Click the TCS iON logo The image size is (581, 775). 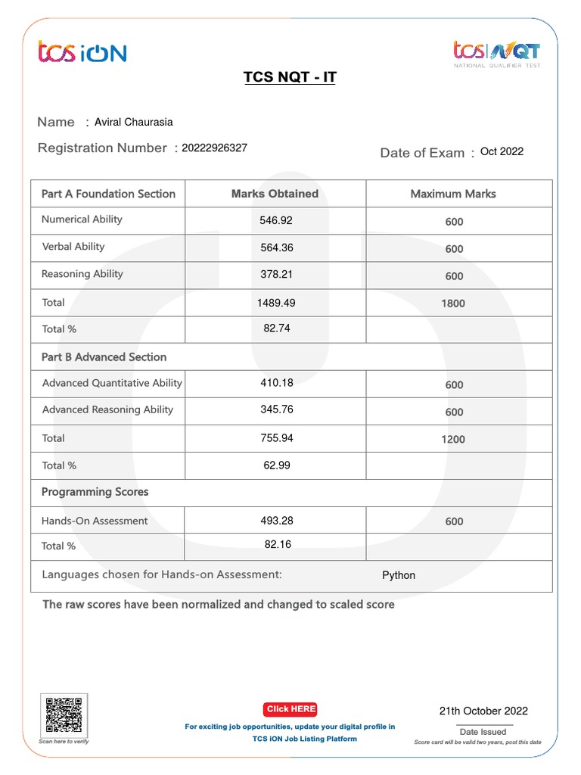click(x=82, y=52)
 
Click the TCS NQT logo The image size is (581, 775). click(x=496, y=53)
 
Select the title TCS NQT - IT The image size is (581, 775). click(x=290, y=78)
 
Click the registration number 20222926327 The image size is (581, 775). click(x=214, y=148)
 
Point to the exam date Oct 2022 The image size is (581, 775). click(x=502, y=151)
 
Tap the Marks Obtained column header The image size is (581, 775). click(x=275, y=194)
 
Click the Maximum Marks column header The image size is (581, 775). click(x=453, y=194)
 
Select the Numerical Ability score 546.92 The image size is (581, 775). click(x=276, y=220)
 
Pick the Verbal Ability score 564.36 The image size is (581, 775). click(x=276, y=247)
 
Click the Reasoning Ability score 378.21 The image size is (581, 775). click(x=276, y=274)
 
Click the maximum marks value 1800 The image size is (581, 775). click(x=453, y=303)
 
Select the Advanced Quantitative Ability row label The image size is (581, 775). click(x=112, y=383)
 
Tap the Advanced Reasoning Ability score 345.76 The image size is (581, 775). click(x=276, y=409)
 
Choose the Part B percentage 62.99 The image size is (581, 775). click(x=276, y=465)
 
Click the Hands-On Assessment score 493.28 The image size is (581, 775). click(x=276, y=521)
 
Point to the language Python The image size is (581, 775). click(x=399, y=575)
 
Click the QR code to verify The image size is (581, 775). click(x=64, y=714)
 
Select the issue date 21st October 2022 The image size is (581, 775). click(x=483, y=711)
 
